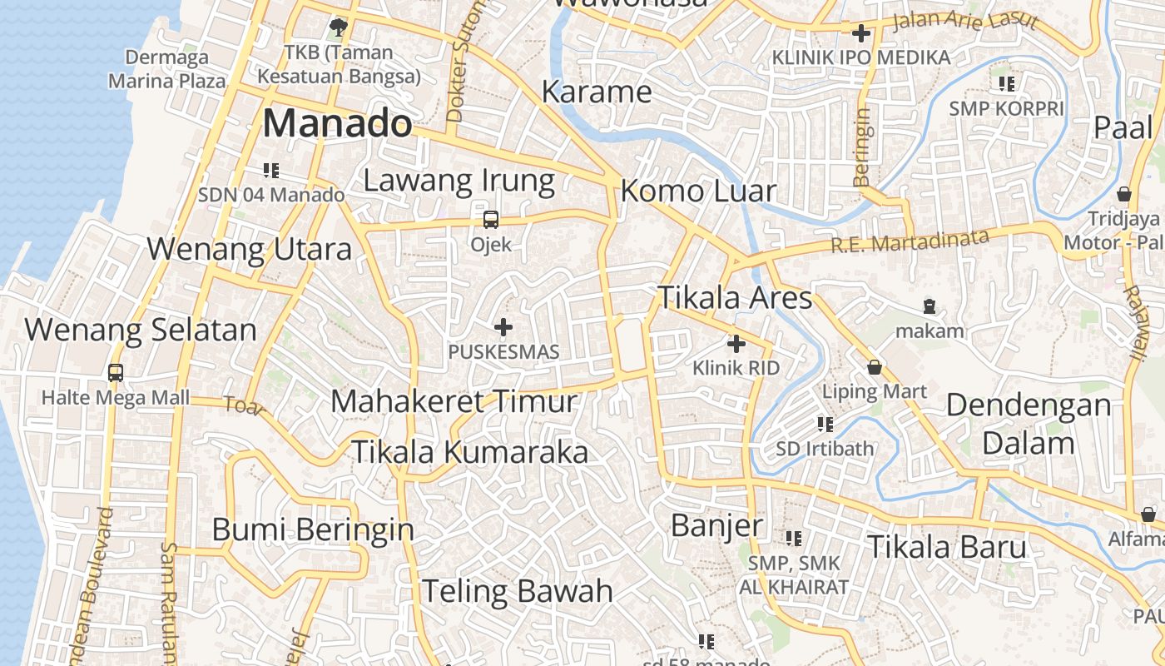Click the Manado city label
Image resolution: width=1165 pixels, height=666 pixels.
click(337, 124)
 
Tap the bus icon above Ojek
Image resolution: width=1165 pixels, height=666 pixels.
click(491, 220)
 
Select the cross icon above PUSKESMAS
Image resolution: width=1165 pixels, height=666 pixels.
click(503, 327)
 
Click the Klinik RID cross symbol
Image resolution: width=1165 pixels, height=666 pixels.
click(736, 343)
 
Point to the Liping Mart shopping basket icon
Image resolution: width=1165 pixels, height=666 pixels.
click(875, 367)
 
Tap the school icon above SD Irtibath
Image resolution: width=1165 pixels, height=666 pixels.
click(825, 425)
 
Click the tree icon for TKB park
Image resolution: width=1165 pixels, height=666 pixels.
click(339, 27)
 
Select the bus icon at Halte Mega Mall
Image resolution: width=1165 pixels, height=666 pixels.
click(116, 373)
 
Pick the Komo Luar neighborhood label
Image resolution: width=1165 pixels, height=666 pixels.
click(698, 191)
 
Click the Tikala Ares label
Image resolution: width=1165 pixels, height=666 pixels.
click(735, 297)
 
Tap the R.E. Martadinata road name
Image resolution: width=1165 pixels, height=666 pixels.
click(910, 241)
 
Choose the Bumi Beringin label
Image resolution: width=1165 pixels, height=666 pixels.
click(313, 529)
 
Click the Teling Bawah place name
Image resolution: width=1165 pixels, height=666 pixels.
click(517, 591)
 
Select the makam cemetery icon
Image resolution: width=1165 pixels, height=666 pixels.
click(930, 306)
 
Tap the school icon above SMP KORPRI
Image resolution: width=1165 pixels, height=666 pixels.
click(1007, 83)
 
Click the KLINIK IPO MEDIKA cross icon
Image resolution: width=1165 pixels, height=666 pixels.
click(861, 33)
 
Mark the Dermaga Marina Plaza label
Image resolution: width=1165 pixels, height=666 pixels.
click(167, 69)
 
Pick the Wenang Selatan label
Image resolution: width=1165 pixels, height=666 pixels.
click(141, 330)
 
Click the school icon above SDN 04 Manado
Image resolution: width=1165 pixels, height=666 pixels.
click(270, 171)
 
